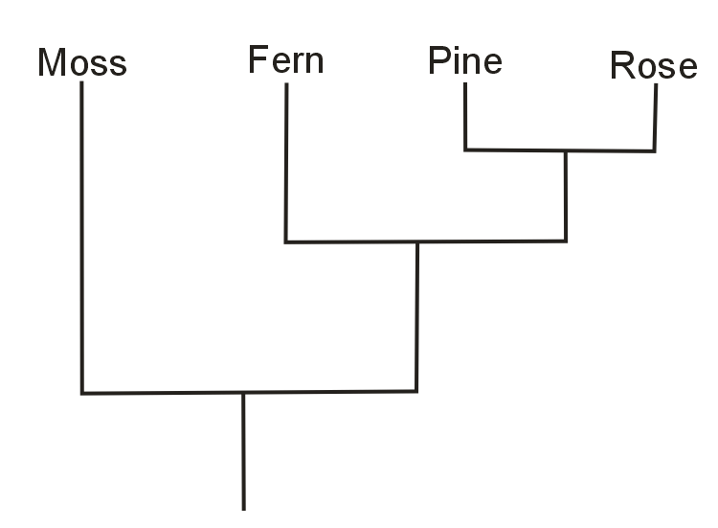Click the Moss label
81,63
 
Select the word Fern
285,60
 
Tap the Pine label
464,61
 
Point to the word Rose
653,66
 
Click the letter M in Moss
54,63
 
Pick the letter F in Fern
257,60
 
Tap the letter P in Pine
438,61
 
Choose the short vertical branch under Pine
465,116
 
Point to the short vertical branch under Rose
656,117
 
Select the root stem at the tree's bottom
243,450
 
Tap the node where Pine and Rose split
566,151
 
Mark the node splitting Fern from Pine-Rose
416,242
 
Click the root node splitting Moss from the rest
243,393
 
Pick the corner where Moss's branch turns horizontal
82,393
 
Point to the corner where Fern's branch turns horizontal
285,242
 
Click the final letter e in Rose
686,67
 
